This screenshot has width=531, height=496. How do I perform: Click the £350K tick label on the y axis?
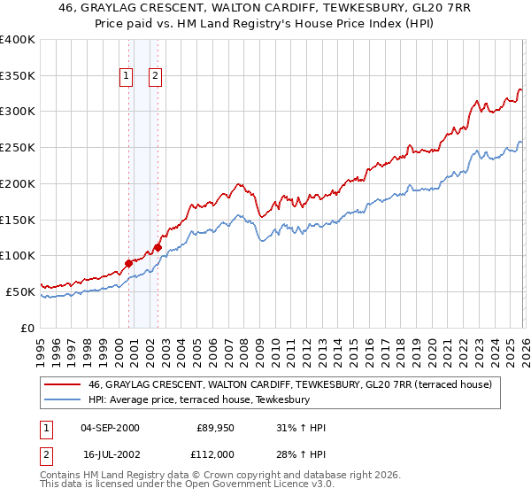pos(18,76)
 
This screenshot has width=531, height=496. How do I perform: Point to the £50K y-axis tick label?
pos(21,291)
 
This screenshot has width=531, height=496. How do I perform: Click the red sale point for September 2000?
pos(128,263)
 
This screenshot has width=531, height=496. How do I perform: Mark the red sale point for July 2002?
pos(158,247)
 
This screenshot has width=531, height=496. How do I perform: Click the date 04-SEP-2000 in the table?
pos(110,429)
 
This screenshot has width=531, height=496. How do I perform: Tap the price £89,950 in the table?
pos(213,429)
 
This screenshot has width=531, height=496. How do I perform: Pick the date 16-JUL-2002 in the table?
pos(110,453)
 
